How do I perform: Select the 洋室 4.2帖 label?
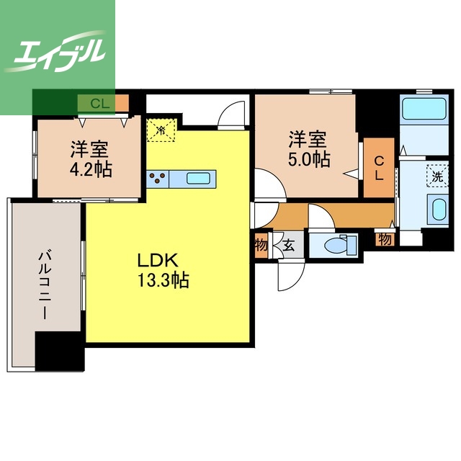click(90, 158)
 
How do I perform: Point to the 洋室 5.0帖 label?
click(308, 149)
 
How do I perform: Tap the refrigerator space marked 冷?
click(161, 130)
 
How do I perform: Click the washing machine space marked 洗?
click(437, 176)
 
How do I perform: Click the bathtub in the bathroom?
click(424, 108)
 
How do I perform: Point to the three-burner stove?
click(158, 179)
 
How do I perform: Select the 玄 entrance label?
click(289, 246)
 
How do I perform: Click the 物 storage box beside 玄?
click(261, 245)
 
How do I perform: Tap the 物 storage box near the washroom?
click(385, 239)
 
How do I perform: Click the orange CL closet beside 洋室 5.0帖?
click(379, 168)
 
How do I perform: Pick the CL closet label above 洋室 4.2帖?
click(100, 103)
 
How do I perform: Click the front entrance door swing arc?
click(291, 277)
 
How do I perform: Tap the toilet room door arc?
click(321, 215)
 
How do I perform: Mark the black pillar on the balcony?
click(60, 351)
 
